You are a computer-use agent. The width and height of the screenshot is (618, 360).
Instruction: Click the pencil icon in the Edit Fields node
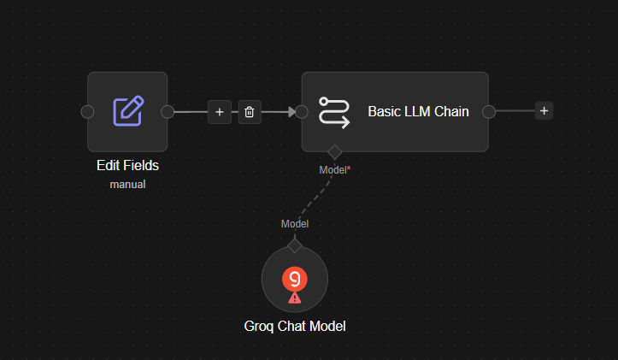coord(128,111)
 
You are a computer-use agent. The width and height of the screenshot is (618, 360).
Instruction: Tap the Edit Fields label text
coord(127,165)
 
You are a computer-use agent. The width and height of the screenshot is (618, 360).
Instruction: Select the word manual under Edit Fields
coord(127,184)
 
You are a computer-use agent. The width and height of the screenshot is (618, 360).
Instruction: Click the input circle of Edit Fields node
coord(87,111)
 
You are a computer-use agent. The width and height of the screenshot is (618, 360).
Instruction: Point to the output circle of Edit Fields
coord(168,111)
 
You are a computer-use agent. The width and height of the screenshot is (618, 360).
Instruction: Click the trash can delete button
coord(250,112)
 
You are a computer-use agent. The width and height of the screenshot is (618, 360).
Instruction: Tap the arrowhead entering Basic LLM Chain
coord(291,112)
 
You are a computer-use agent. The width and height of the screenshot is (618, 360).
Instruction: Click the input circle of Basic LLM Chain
coord(302,111)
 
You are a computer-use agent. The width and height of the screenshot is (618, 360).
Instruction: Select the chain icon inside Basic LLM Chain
coord(334,112)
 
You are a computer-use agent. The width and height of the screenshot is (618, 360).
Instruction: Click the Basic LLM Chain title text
coord(418,111)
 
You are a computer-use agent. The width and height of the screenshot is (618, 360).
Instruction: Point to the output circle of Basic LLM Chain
coord(489,111)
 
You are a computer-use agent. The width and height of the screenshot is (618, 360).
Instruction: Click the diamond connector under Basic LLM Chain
coord(334,152)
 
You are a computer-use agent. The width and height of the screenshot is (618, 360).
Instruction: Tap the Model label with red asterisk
coord(334,170)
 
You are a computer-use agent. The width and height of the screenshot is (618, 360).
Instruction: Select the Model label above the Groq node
coord(295,224)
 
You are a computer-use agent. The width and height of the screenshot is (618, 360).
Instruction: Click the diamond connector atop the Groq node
coord(295,245)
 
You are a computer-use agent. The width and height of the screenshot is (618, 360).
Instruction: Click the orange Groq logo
coord(295,279)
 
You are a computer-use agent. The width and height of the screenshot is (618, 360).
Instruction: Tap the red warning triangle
coord(294,298)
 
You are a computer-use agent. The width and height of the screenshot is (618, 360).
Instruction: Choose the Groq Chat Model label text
coord(295,326)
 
